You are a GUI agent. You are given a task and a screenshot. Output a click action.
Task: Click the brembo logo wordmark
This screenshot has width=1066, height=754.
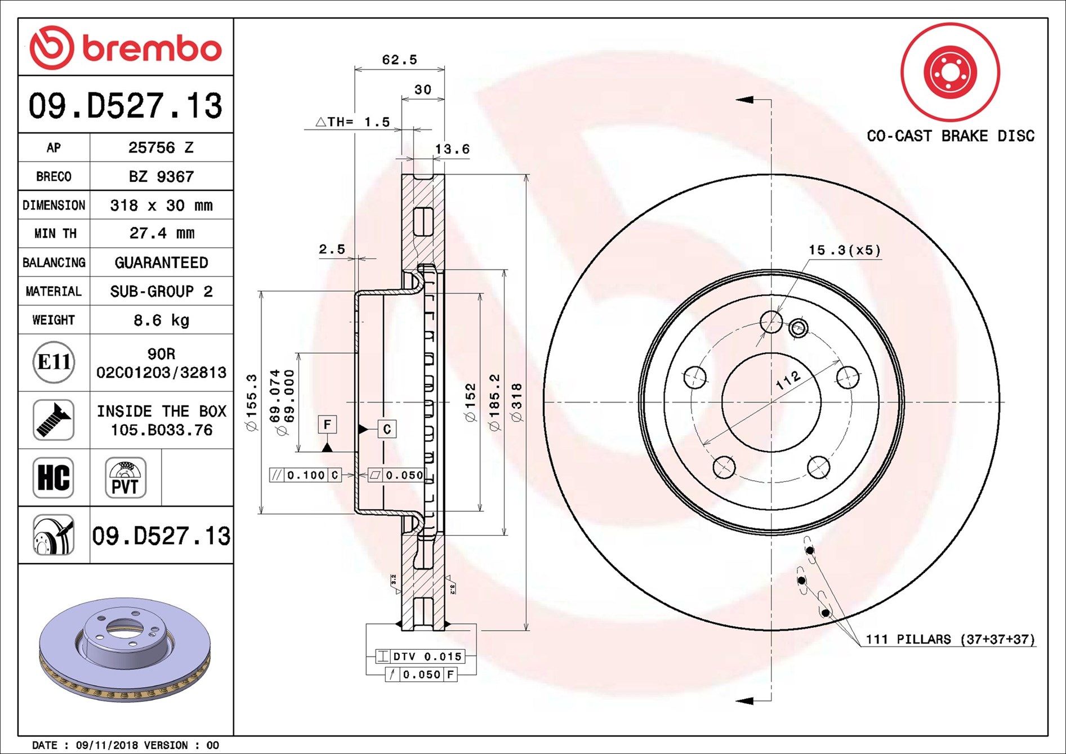[151, 48]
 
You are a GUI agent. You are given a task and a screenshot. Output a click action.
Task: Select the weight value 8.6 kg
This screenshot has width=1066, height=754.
[161, 320]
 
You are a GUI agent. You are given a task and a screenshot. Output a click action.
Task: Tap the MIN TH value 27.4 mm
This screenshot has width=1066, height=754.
[161, 233]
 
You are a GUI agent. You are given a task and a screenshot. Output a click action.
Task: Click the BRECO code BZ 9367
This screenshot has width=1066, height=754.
[161, 176]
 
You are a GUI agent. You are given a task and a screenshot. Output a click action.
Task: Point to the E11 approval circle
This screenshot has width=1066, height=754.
[53, 362]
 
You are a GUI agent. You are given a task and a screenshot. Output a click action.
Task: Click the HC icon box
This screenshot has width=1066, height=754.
[53, 478]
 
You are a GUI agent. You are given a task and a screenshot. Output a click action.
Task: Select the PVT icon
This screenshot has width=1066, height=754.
[126, 478]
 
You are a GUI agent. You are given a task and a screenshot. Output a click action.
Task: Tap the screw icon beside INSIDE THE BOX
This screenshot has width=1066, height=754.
[53, 420]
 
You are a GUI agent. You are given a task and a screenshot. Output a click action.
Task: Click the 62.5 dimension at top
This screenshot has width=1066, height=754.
[399, 60]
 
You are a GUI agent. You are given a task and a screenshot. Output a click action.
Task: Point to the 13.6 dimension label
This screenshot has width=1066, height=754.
[452, 149]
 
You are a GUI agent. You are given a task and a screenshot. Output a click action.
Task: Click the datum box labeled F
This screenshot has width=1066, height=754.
[327, 424]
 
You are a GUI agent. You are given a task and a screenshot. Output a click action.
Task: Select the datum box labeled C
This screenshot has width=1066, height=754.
[387, 429]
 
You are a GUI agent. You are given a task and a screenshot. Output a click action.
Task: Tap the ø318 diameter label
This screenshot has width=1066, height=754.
[516, 402]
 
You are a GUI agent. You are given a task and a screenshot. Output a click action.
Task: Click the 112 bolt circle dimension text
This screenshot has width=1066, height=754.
[788, 380]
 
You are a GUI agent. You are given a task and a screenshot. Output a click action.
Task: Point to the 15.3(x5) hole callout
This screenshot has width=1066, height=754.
[844, 249]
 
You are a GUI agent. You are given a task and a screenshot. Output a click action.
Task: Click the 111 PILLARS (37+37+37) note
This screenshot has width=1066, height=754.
[950, 639]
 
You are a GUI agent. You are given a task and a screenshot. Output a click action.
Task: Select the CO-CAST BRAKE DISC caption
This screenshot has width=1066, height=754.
[950, 136]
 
